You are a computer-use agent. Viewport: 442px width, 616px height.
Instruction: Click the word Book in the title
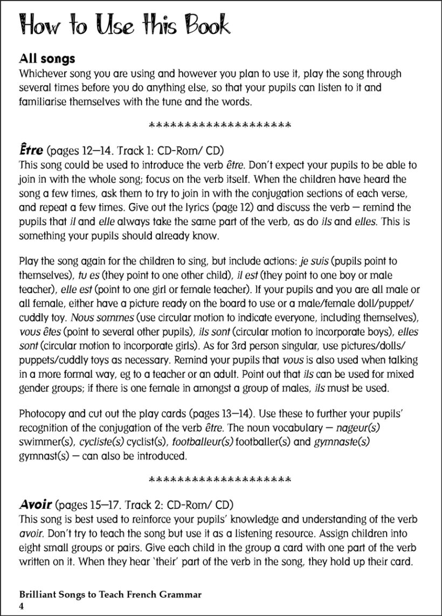click(x=200, y=26)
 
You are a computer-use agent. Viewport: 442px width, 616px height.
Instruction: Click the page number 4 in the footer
click(x=22, y=606)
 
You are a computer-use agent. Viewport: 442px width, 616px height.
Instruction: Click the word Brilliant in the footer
click(x=38, y=595)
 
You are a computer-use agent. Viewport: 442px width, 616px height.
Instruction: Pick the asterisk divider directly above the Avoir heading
click(x=219, y=479)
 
